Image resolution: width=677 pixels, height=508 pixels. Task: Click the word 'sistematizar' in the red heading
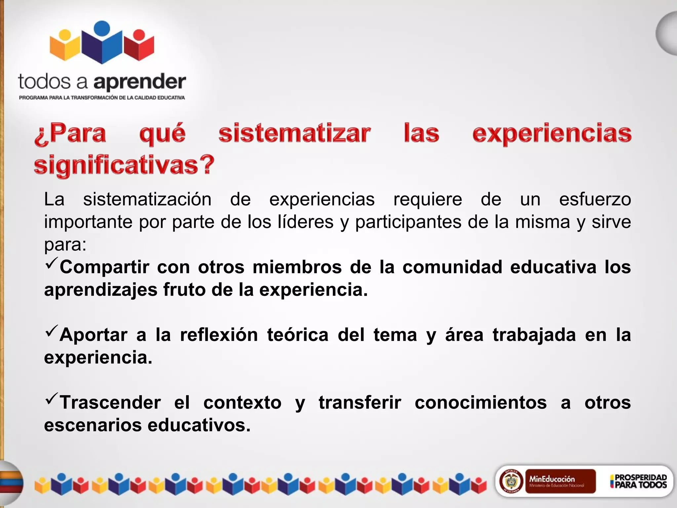pyautogui.click(x=294, y=133)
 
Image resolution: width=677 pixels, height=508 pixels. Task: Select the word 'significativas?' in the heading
pyautogui.click(x=124, y=165)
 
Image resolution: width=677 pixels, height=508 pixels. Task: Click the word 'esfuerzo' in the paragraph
pyautogui.click(x=595, y=199)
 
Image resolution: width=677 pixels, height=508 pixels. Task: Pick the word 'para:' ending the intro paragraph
pyautogui.click(x=65, y=245)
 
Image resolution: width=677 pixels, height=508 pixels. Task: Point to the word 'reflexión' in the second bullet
pyautogui.click(x=219, y=335)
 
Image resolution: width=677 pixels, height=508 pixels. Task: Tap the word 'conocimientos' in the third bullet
pyautogui.click(x=481, y=402)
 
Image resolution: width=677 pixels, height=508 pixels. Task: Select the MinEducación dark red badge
pyautogui.click(x=560, y=481)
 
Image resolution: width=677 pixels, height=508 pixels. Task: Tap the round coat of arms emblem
pyautogui.click(x=511, y=481)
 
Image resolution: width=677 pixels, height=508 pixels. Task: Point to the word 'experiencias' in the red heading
pyautogui.click(x=552, y=133)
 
